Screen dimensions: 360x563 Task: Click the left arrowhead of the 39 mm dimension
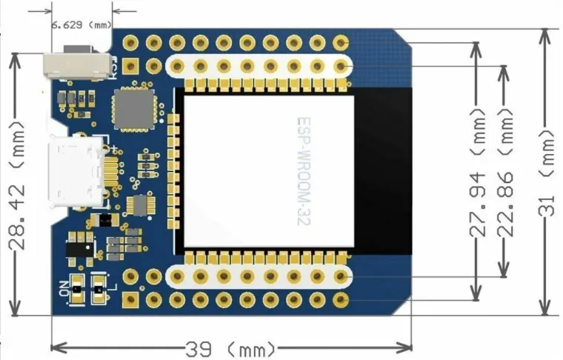56,347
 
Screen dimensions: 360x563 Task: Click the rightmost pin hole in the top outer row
340,43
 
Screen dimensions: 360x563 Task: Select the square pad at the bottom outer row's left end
131,299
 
